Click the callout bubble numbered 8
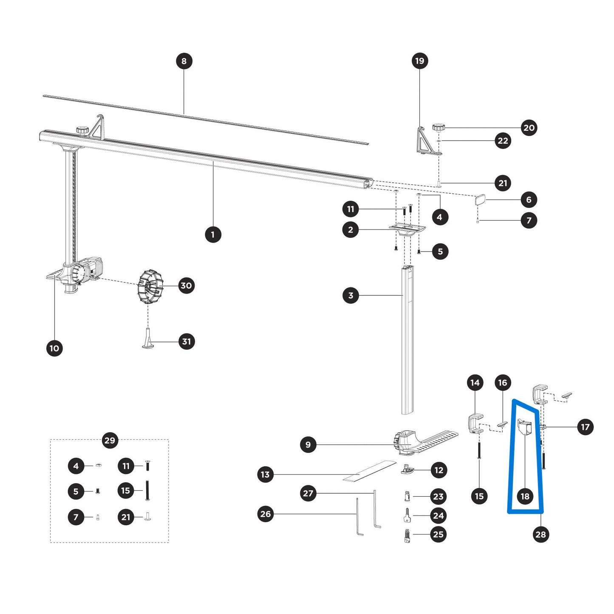click(x=184, y=61)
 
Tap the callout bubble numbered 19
click(x=419, y=61)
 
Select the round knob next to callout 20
click(x=438, y=127)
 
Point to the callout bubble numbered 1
click(x=213, y=234)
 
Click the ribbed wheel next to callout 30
click(x=150, y=287)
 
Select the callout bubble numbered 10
click(x=54, y=348)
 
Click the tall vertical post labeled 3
click(x=407, y=340)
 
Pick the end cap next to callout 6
click(x=479, y=200)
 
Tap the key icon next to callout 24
click(x=407, y=515)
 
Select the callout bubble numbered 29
click(x=110, y=440)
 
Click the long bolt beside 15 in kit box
click(x=148, y=491)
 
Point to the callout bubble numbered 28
click(x=540, y=534)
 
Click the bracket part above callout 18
click(x=525, y=427)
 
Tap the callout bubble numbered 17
click(x=585, y=427)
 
